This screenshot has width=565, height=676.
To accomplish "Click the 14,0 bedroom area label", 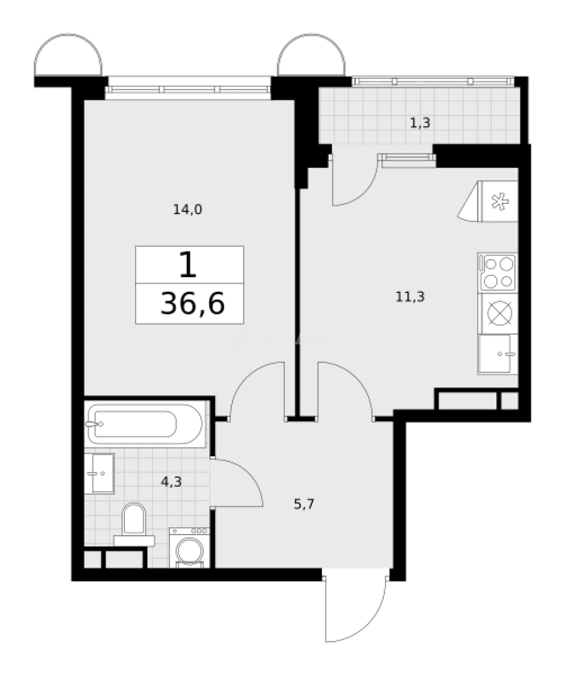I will pyautogui.click(x=187, y=210).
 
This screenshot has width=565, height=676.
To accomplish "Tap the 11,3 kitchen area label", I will pyautogui.click(x=410, y=297).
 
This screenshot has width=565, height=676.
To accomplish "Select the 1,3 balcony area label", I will pyautogui.click(x=420, y=123).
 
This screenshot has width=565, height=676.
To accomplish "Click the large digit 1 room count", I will pyautogui.click(x=187, y=265).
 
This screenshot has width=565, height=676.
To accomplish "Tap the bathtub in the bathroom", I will pyautogui.click(x=145, y=424).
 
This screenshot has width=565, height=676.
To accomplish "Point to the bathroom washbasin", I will pyautogui.click(x=99, y=474).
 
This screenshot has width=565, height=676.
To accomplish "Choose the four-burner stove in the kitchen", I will pyautogui.click(x=497, y=272).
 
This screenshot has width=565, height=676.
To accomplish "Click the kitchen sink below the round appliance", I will pyautogui.click(x=497, y=354).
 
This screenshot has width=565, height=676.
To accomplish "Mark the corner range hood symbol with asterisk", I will pyautogui.click(x=497, y=202).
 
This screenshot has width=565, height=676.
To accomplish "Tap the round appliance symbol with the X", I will pyautogui.click(x=498, y=313).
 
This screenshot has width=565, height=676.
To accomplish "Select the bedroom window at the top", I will pyautogui.click(x=189, y=89).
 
